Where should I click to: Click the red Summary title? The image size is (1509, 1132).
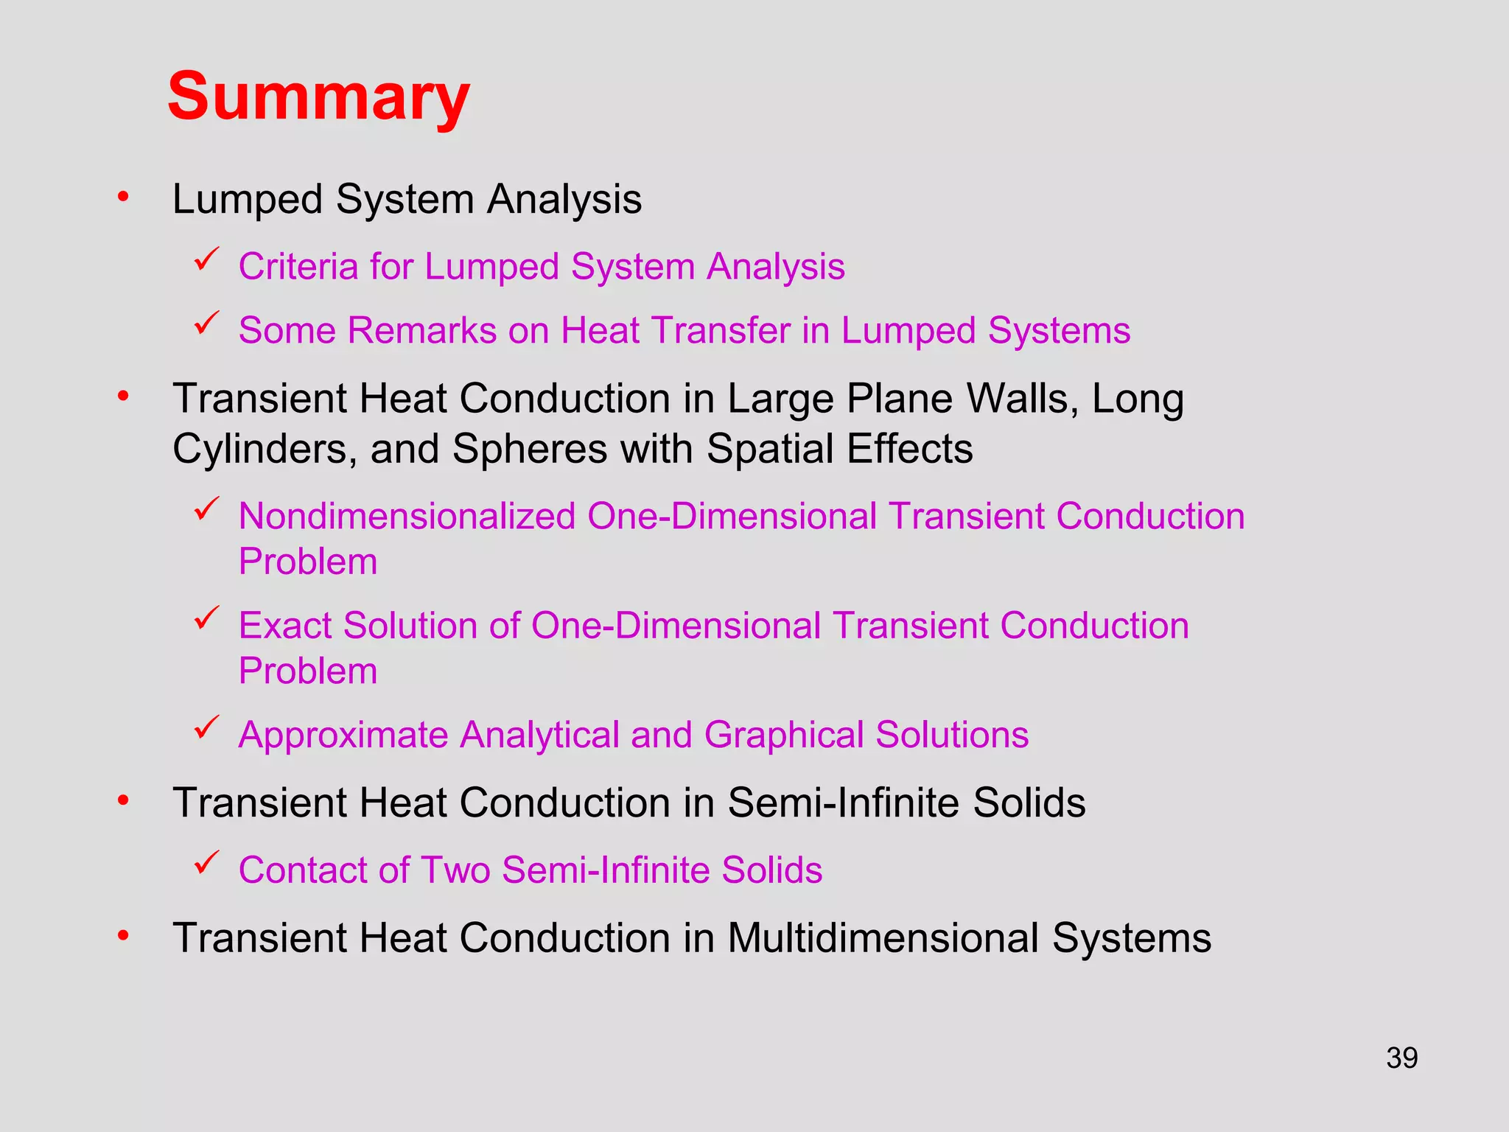[x=318, y=97]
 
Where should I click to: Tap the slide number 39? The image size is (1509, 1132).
[x=1401, y=1058]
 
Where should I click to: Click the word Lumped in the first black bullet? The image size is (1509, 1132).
[x=247, y=200]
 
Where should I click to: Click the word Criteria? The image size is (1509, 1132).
[x=298, y=266]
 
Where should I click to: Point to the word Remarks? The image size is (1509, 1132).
[x=421, y=330]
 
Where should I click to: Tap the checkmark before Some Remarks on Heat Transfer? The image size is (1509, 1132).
[x=207, y=323]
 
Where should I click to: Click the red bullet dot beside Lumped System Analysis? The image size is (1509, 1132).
[x=123, y=197]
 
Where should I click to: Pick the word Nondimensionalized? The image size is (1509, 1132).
[x=407, y=516]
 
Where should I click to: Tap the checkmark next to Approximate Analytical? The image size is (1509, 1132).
[x=207, y=727]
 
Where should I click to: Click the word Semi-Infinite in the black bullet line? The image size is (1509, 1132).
[x=844, y=803]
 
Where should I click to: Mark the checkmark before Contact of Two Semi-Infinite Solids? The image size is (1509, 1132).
[x=207, y=862]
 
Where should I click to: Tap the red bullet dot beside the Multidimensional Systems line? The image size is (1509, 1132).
[x=123, y=936]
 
